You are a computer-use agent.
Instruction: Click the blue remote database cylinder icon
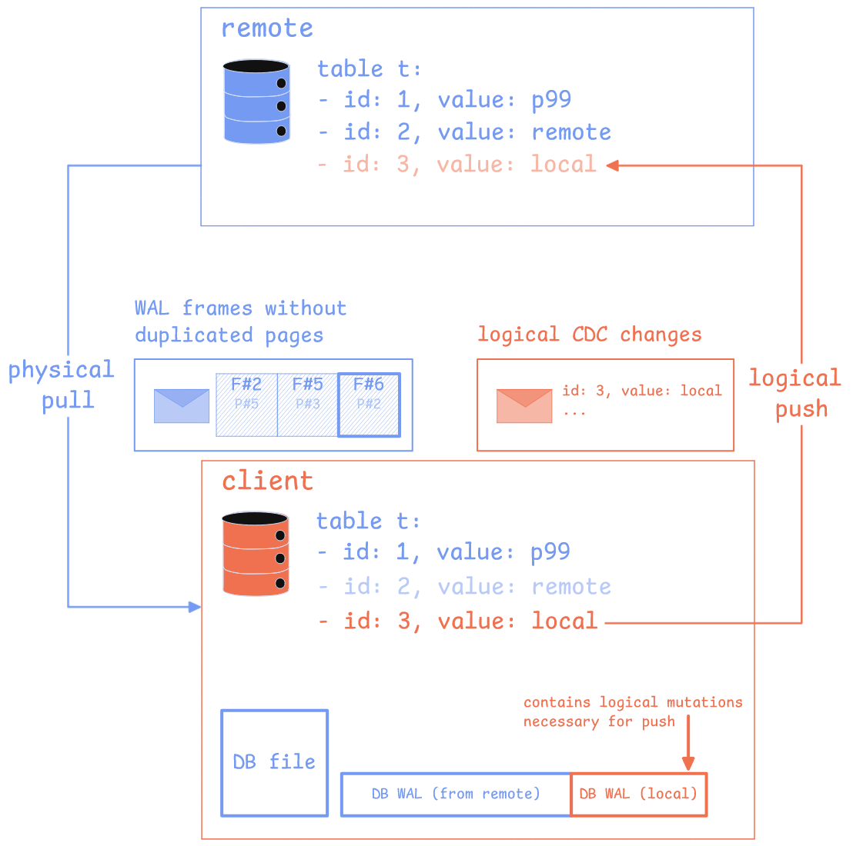(x=256, y=102)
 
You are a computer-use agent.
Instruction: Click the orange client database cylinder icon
(x=256, y=554)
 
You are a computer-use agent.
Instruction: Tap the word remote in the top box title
(x=267, y=28)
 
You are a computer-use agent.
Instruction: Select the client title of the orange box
(x=267, y=481)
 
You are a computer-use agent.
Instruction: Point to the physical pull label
(x=62, y=385)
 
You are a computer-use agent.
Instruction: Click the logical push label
(x=795, y=393)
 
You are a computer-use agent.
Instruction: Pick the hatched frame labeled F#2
(x=246, y=405)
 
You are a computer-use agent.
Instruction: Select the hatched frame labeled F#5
(x=307, y=405)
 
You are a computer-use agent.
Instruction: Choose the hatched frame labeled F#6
(x=369, y=405)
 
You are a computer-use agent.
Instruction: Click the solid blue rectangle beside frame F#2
(x=182, y=406)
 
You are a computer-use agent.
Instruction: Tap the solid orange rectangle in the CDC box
(x=524, y=406)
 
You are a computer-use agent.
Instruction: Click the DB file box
(x=275, y=762)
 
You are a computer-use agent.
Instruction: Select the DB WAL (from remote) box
(x=456, y=794)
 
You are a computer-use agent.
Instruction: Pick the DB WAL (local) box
(x=638, y=794)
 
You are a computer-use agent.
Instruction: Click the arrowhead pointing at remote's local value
(x=612, y=165)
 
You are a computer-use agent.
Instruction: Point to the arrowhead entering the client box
(x=196, y=607)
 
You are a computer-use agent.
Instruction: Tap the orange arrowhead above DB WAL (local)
(x=688, y=763)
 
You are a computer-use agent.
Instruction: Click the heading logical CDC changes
(x=589, y=335)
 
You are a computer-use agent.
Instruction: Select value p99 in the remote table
(x=551, y=101)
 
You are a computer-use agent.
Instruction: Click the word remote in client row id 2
(x=571, y=587)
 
